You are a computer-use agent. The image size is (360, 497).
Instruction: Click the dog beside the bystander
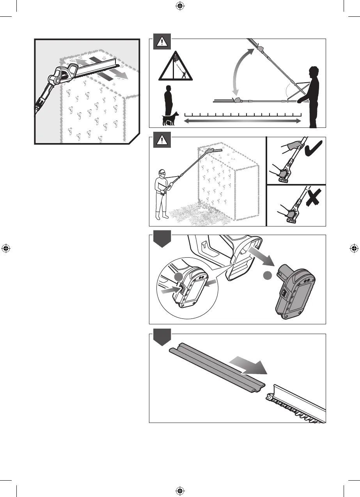click(x=170, y=119)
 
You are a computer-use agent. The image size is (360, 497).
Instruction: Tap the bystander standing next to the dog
click(x=168, y=101)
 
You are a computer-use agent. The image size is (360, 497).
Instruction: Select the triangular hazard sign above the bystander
click(x=175, y=65)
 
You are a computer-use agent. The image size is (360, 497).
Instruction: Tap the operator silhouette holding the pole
click(x=312, y=97)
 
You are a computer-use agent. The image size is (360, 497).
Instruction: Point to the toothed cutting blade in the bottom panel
click(x=296, y=405)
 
